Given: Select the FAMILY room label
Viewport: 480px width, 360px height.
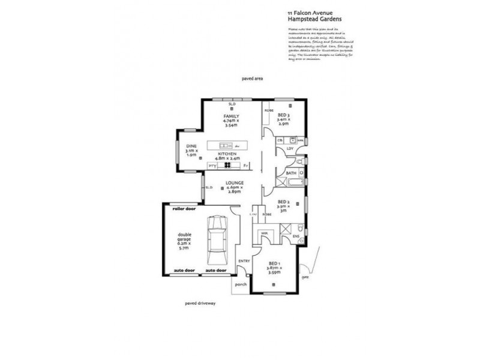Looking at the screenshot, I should [x=232, y=115].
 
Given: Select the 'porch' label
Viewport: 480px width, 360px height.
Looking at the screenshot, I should [x=241, y=284].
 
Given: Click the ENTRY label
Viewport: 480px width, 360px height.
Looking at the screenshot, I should [x=244, y=261].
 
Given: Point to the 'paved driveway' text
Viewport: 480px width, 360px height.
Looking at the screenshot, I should [x=200, y=304].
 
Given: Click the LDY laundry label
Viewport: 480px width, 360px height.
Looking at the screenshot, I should [x=289, y=149].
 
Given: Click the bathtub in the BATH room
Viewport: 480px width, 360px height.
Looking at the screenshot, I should [x=290, y=182].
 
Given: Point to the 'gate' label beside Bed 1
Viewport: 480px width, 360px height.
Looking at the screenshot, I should [x=306, y=278].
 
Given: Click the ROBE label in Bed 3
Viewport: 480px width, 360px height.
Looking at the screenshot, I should [x=269, y=110].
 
